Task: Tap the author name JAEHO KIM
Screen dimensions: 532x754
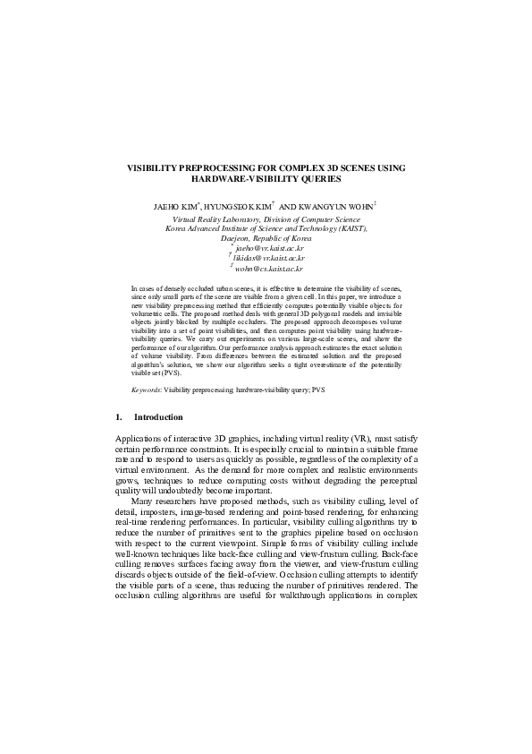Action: point(179,205)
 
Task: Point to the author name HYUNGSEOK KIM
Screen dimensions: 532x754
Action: point(250,205)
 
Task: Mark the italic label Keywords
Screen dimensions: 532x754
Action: point(146,391)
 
